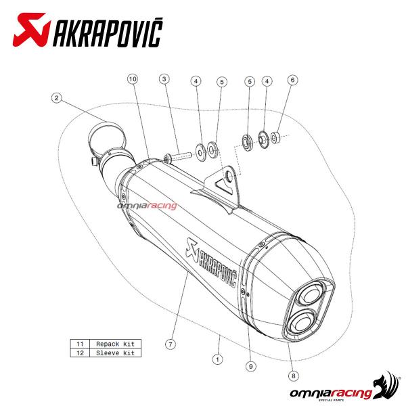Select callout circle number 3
[164, 79]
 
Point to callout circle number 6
[292, 79]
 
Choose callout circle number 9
[251, 366]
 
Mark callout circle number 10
[132, 79]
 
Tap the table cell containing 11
[80, 344]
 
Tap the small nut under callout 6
[275, 138]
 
